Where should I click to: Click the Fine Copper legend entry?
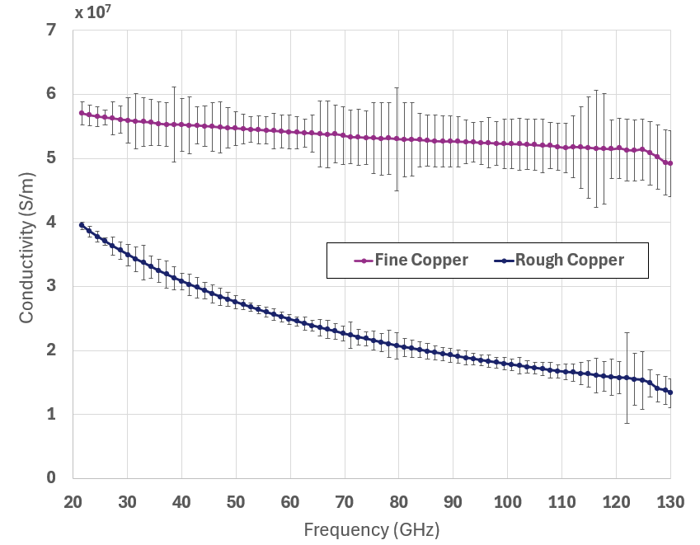420,261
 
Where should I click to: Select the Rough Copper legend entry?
569,261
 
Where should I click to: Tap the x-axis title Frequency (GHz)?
371,528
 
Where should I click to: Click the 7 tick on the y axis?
51,31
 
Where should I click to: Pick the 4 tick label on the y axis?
51,223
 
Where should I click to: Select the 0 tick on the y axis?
51,478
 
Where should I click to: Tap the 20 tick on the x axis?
73,500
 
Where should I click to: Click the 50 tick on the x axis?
236,500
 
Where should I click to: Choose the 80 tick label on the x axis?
398,500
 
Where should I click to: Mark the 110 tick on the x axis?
561,500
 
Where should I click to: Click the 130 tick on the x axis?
669,500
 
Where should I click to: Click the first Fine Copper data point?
82,113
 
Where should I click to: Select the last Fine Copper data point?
670,163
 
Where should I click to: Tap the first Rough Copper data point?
82,225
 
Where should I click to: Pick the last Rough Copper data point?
670,392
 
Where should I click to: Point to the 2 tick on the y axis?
51,350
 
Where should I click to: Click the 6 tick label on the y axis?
51,94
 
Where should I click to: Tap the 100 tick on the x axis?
507,500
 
